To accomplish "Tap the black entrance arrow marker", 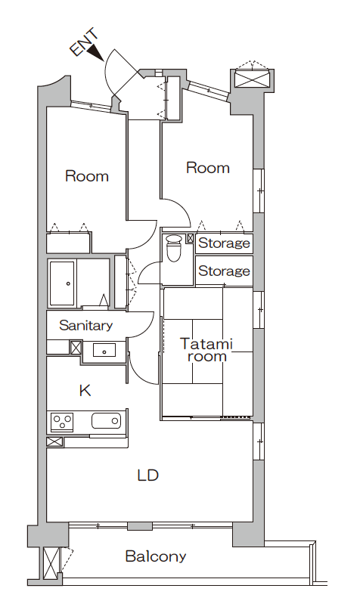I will [x=95, y=52].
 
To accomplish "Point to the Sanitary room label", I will [x=85, y=326].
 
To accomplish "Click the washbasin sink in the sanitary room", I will [x=104, y=349].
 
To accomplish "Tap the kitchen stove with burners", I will [x=61, y=421].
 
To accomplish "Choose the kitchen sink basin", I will [x=106, y=421].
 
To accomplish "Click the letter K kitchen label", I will [x=85, y=391].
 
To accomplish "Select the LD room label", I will [x=147, y=475].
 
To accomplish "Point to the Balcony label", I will [x=155, y=557].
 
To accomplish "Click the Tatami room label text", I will [x=206, y=350].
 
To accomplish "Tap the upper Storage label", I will [x=224, y=243].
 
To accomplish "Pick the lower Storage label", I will [x=224, y=271].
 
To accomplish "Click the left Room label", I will [x=86, y=177].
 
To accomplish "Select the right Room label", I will [x=207, y=168].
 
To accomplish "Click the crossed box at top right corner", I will [x=251, y=78].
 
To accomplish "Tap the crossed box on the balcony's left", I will [x=51, y=564].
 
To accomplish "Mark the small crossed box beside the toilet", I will [x=189, y=238].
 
